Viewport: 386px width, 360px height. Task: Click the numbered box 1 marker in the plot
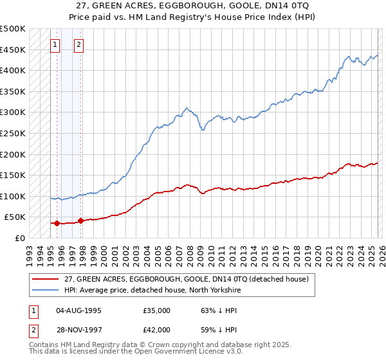55,45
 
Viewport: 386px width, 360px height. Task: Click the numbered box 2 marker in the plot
78,45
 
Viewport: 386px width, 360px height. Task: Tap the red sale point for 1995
57,224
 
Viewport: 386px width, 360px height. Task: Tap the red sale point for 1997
81,221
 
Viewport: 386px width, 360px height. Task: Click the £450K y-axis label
13,50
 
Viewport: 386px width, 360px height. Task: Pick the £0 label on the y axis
19,239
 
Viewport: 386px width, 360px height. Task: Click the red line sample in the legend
45,279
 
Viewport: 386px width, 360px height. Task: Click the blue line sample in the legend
45,290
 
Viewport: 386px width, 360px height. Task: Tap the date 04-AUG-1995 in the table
79,310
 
